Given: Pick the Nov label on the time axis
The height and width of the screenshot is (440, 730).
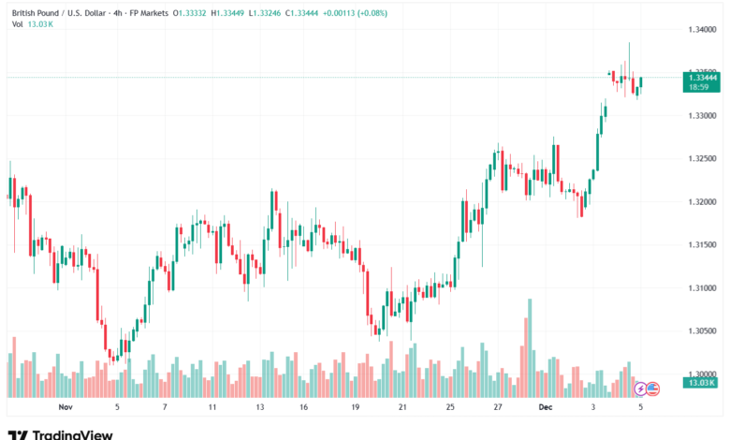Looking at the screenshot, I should [x=65, y=408].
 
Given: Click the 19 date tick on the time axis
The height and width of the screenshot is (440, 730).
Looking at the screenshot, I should [x=356, y=408].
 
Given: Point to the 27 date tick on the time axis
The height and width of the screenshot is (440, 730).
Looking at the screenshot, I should [x=499, y=408].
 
